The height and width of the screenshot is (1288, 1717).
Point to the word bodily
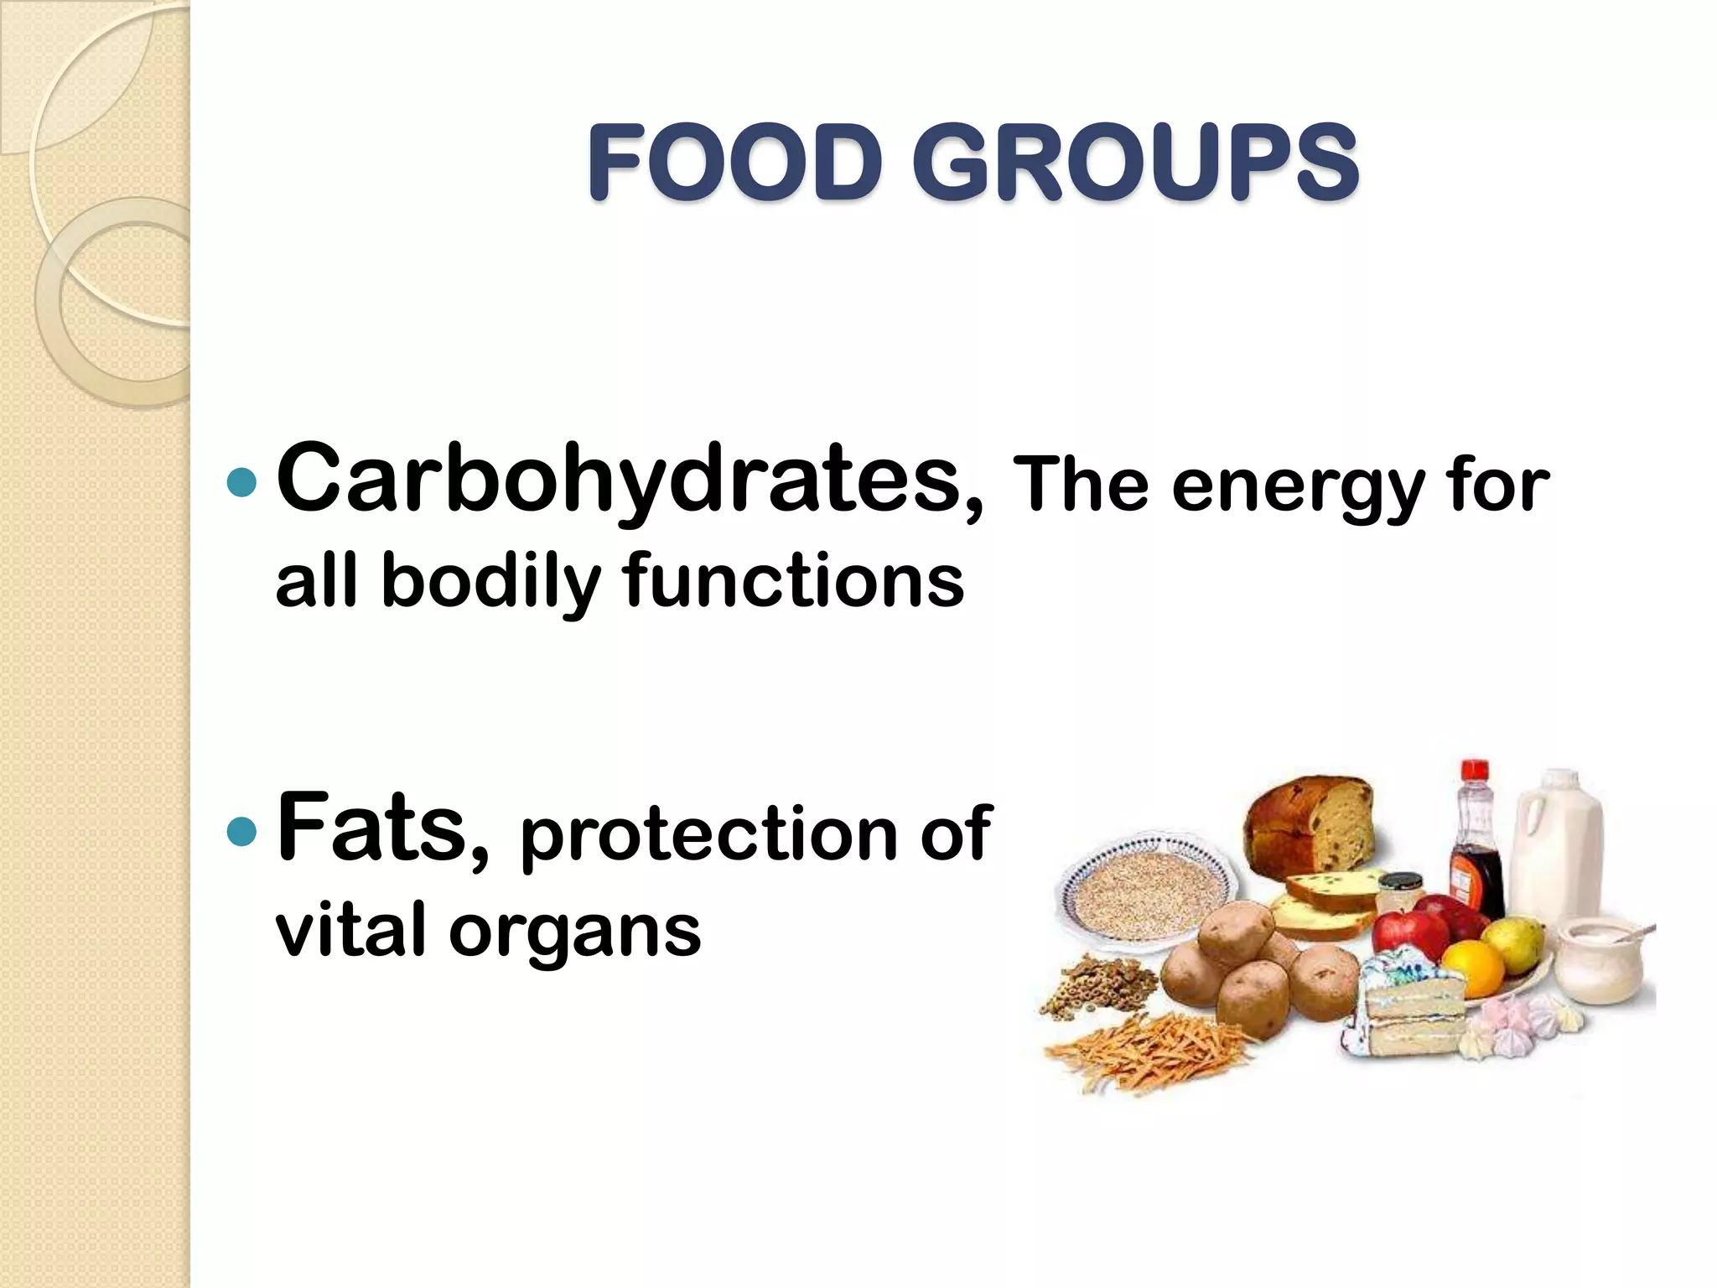click(x=491, y=582)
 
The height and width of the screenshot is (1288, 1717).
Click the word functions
click(x=793, y=580)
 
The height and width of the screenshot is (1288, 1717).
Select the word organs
click(x=574, y=932)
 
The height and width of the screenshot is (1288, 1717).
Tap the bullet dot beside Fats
click(x=241, y=831)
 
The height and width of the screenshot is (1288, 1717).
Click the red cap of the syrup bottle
click(x=1475, y=771)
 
